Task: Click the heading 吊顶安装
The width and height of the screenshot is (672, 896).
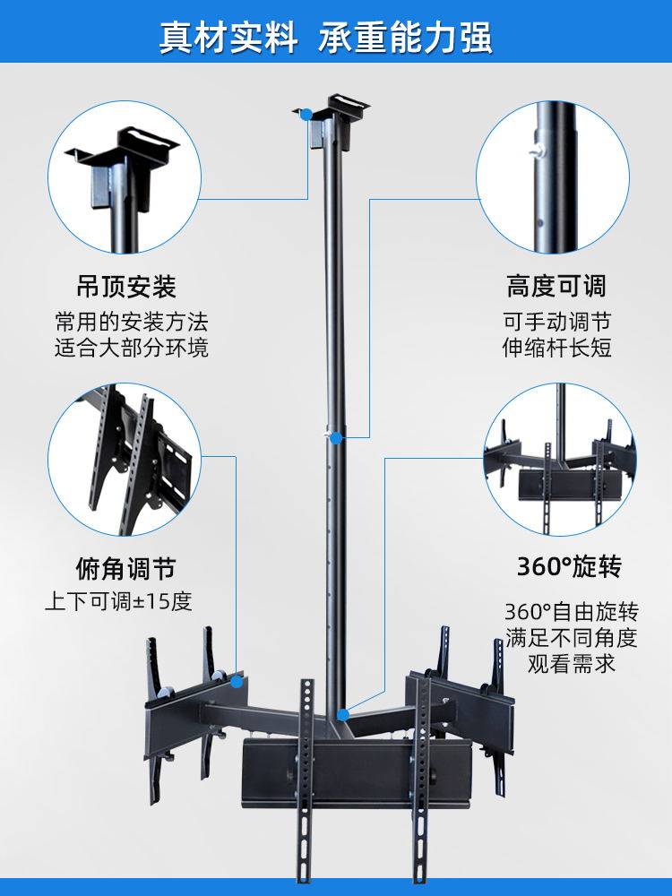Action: tap(125, 287)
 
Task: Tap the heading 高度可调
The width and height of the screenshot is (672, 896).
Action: tap(556, 287)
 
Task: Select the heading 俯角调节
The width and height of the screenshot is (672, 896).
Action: tap(125, 568)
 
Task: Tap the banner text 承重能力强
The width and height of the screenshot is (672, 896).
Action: tap(405, 39)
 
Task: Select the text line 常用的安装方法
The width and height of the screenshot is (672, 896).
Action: tap(131, 322)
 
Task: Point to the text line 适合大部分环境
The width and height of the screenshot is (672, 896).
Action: tap(131, 348)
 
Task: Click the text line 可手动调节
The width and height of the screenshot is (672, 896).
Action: tap(556, 322)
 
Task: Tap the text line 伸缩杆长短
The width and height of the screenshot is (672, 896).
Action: tap(556, 348)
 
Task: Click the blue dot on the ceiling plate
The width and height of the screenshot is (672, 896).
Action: tap(306, 114)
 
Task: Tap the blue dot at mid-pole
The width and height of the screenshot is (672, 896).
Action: tap(335, 438)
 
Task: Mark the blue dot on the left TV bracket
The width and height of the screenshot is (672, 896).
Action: tap(237, 681)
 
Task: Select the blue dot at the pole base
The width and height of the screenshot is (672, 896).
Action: tap(341, 713)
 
